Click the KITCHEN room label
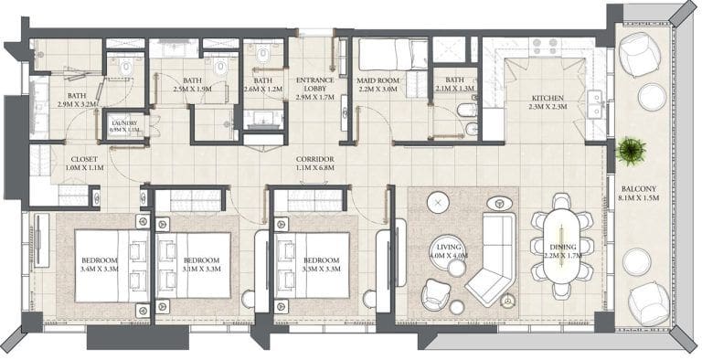pyautogui.click(x=548, y=99)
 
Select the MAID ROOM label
pyautogui.click(x=377, y=80)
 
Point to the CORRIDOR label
pyautogui.click(x=314, y=158)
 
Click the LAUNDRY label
pyautogui.click(x=123, y=123)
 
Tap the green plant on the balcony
pyautogui.click(x=630, y=149)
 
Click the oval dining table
pyautogui.click(x=560, y=251)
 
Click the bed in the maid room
pyautogui.click(x=391, y=53)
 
